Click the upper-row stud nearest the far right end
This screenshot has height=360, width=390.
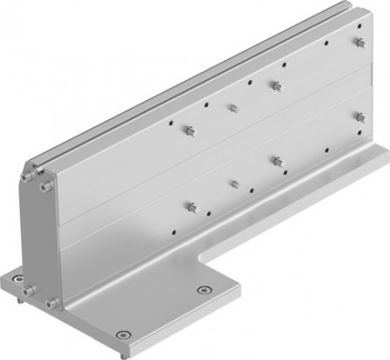click(359, 42)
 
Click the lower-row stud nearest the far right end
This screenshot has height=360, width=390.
click(359, 116)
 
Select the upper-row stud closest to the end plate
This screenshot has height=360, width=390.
click(189, 131)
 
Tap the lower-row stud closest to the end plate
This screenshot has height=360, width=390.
click(191, 206)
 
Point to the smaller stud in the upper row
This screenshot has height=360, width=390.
click(232, 108)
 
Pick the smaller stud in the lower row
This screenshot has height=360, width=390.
click(233, 183)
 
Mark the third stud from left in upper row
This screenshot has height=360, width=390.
click(275, 85)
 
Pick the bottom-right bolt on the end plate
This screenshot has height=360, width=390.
click(53, 302)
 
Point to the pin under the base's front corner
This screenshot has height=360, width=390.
click(124, 350)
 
